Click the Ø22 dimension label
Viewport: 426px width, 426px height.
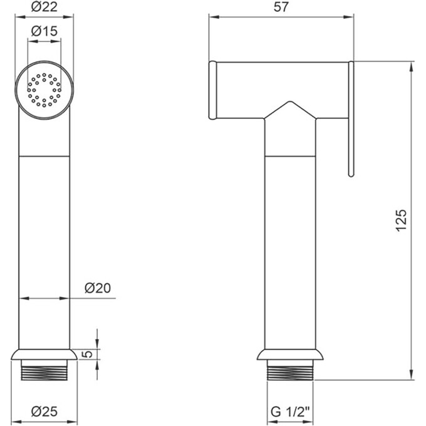(44, 7)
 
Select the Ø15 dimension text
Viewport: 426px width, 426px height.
(44, 31)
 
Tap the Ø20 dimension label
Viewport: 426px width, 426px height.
(98, 288)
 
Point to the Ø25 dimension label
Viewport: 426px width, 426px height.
(44, 412)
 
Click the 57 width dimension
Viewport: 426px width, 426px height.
(281, 7)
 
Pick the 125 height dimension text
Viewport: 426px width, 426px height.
(402, 221)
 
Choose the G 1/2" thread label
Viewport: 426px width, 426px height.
(290, 412)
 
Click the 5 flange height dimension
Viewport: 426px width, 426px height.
(88, 354)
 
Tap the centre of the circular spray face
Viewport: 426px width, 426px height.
(44, 90)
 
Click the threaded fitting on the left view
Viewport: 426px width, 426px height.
(44, 370)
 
